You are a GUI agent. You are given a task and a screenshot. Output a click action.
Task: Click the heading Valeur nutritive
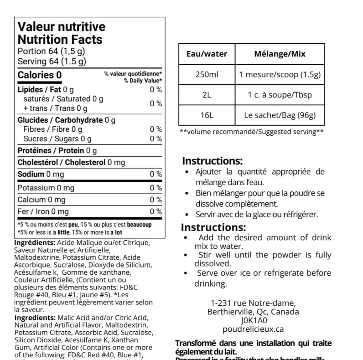pyautogui.click(x=61, y=27)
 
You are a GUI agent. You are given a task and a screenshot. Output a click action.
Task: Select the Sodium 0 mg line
pyautogui.click(x=41, y=174)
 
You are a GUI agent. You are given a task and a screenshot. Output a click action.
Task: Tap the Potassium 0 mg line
pyautogui.click(x=46, y=188)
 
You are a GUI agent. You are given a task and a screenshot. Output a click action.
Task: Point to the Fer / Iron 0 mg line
pyautogui.click(x=43, y=211)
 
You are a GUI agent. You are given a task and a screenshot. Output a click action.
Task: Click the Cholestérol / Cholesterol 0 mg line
pyautogui.click(x=71, y=162)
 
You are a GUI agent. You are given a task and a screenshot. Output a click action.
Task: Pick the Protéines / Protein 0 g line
pyautogui.click(x=57, y=150)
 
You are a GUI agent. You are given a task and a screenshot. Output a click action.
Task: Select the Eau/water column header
pyautogui.click(x=207, y=54)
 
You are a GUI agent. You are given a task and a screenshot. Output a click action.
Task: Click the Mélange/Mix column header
pyautogui.click(x=280, y=54)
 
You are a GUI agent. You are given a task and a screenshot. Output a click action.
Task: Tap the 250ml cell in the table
pyautogui.click(x=207, y=74)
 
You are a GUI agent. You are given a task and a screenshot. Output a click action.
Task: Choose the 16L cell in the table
pyautogui.click(x=207, y=115)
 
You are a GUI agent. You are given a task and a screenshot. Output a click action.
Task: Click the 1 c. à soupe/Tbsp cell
pyautogui.click(x=280, y=95)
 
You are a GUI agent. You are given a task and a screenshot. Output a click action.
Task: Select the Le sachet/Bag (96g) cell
pyautogui.click(x=280, y=115)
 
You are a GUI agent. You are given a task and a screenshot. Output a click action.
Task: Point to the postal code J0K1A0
pyautogui.click(x=253, y=320)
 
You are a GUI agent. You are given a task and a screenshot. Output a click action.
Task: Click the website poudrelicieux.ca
pyautogui.click(x=253, y=329)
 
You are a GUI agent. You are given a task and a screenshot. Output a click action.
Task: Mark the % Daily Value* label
pyautogui.click(x=143, y=81)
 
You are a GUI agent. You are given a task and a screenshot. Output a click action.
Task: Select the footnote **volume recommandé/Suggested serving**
pyautogui.click(x=252, y=132)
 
